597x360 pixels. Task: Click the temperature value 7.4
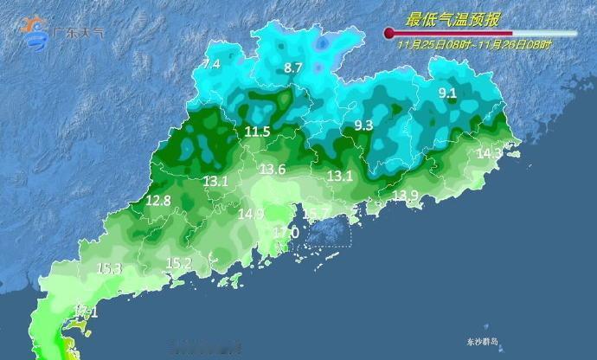coord(211,64)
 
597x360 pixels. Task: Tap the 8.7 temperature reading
coord(293,67)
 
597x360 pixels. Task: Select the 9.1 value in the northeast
coord(447,93)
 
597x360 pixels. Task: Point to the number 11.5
coord(257,132)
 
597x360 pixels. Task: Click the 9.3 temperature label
coord(363,126)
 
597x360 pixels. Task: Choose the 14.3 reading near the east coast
coord(489,153)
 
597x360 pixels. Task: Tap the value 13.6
coord(273,169)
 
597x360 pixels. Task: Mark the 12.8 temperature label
coord(157,201)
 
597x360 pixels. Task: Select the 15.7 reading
coord(315,214)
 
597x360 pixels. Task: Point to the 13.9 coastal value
coord(405,196)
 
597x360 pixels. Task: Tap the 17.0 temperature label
coord(286,233)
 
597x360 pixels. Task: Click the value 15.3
coord(108,269)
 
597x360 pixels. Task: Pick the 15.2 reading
coord(178,263)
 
